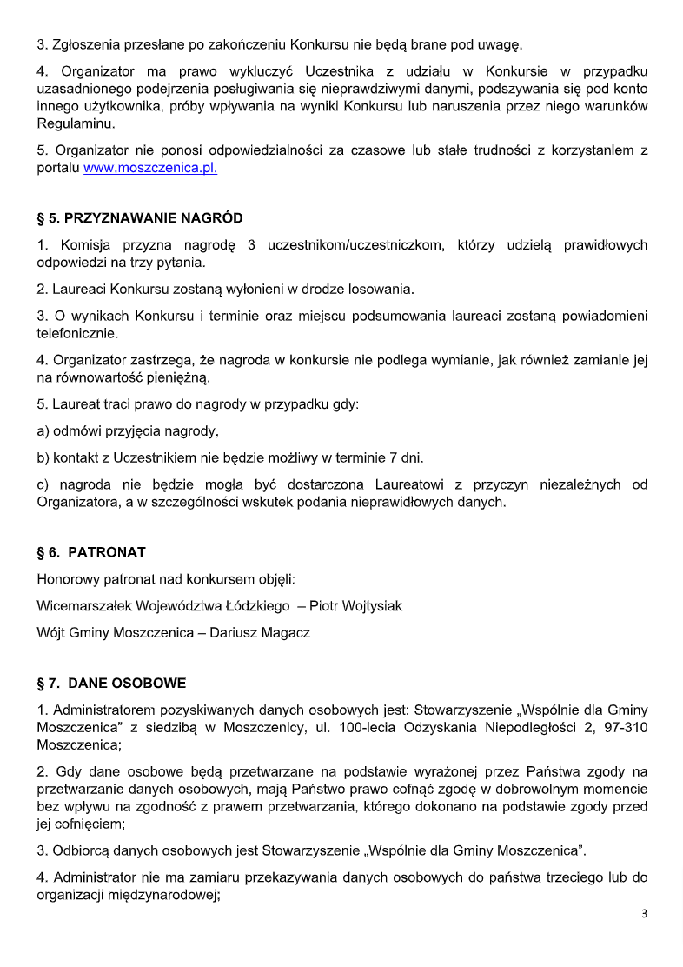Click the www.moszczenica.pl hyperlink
[x=150, y=169]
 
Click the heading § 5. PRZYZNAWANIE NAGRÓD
[x=140, y=217]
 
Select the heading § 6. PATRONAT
[x=91, y=552]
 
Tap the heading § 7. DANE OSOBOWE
[x=111, y=684]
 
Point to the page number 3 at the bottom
[x=644, y=914]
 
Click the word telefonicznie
[x=77, y=332]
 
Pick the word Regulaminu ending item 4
[x=70, y=124]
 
